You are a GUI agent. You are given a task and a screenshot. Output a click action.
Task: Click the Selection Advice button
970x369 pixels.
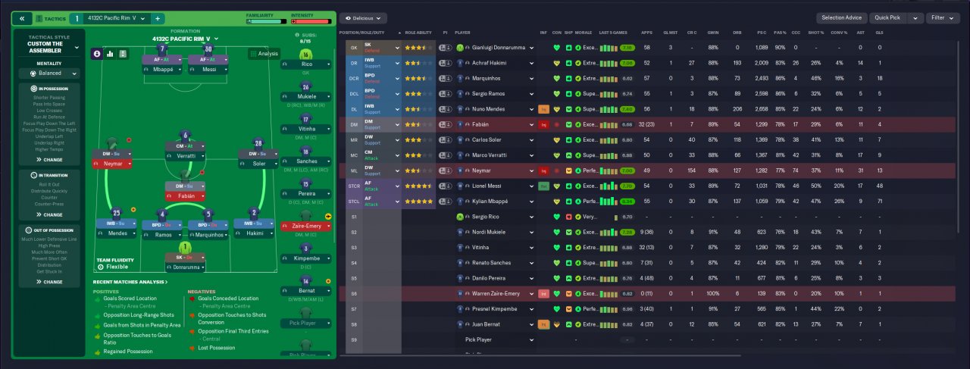coord(840,17)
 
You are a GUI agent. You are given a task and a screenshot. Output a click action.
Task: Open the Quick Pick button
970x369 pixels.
coord(888,17)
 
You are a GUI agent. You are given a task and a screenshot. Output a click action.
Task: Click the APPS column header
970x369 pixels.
coord(646,33)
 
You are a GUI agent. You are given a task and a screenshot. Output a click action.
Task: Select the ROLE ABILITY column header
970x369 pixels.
coord(418,33)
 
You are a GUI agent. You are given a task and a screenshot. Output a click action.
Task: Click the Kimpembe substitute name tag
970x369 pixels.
coord(305,258)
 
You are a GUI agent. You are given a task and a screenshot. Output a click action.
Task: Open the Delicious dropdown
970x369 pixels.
coord(364,17)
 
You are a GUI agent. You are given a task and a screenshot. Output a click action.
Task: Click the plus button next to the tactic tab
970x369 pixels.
coord(158,18)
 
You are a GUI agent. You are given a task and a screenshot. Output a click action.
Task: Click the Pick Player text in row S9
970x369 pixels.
coord(478,339)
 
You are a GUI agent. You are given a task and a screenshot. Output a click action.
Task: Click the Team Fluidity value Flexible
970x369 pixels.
coord(108,267)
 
